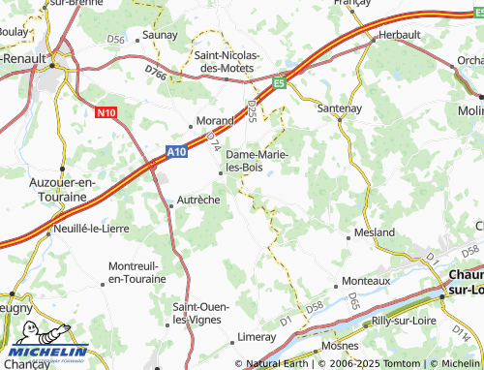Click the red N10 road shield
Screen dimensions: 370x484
(106, 113)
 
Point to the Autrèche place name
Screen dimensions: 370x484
(199, 200)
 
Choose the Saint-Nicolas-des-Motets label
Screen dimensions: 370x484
(227, 61)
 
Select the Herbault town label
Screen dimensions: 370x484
(399, 34)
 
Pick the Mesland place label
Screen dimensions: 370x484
(375, 233)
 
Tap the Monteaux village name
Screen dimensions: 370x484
(367, 282)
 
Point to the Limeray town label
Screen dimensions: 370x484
(256, 337)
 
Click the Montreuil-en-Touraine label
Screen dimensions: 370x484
(136, 272)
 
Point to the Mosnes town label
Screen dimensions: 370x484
(339, 346)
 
